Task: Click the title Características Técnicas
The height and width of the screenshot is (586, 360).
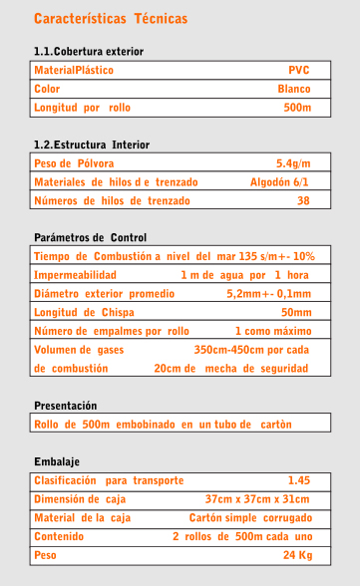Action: tap(111, 19)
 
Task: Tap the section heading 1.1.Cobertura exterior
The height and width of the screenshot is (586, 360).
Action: tap(89, 51)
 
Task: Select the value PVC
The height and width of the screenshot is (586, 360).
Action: tap(298, 71)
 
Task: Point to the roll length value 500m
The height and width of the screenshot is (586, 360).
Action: tap(296, 107)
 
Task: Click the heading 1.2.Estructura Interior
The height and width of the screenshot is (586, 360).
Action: tap(92, 146)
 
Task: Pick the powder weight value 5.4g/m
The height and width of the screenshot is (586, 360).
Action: tap(293, 163)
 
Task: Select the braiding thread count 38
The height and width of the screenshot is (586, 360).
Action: tap(303, 200)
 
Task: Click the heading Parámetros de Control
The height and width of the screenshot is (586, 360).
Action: tap(91, 238)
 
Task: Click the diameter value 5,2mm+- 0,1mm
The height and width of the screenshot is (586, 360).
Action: tap(268, 294)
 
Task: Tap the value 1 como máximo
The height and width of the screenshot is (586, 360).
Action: tap(272, 331)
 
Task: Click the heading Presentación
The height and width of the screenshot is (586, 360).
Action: tap(66, 406)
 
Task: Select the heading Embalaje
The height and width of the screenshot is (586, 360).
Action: tap(57, 462)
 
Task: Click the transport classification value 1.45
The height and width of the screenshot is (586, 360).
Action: tap(298, 480)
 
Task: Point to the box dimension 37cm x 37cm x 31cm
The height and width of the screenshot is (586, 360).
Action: tap(256, 499)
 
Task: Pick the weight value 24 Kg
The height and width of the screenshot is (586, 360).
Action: tap(297, 554)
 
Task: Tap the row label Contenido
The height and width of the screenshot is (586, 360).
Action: tap(59, 536)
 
